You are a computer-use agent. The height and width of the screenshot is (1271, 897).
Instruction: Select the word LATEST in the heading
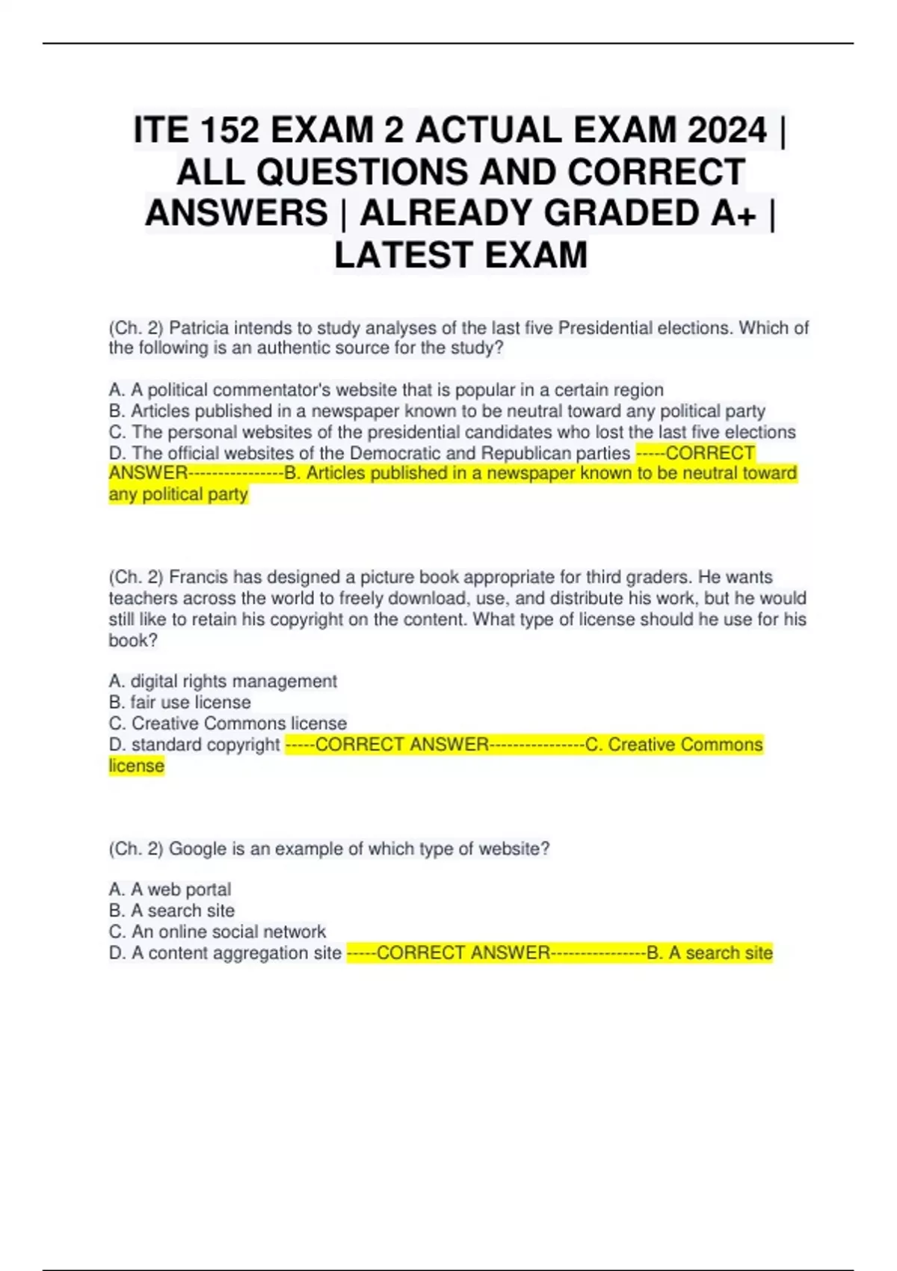click(x=404, y=255)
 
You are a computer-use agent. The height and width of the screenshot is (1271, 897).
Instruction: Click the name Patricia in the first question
click(x=200, y=328)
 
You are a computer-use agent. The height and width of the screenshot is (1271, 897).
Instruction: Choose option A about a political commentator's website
click(x=386, y=390)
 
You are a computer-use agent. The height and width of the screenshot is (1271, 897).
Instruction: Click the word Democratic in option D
click(x=394, y=453)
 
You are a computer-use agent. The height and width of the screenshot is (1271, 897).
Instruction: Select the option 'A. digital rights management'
click(x=223, y=681)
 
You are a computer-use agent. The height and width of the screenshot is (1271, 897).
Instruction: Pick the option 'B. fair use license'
click(x=179, y=702)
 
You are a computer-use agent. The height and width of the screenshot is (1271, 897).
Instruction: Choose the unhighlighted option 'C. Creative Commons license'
click(x=228, y=723)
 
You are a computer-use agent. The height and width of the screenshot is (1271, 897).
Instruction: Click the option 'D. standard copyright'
click(x=194, y=745)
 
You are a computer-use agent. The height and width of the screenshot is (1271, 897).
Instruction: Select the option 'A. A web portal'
click(x=170, y=890)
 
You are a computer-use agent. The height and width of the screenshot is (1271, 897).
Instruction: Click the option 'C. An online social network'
click(x=218, y=932)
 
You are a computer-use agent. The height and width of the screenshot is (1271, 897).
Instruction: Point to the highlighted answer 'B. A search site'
click(x=709, y=953)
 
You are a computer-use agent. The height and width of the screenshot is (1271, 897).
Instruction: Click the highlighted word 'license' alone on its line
click(x=136, y=766)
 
